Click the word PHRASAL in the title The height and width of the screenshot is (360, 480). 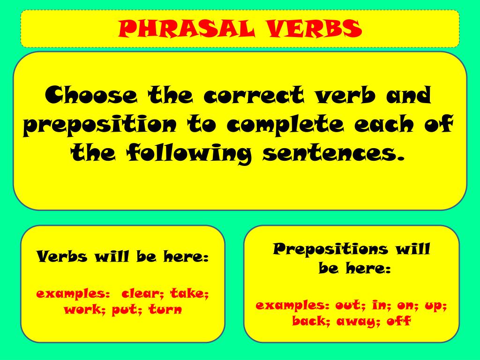185,29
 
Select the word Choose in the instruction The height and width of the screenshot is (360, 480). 92,96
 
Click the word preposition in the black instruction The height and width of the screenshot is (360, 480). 99,126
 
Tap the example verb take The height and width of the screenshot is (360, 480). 189,294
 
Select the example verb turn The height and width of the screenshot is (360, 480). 165,309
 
